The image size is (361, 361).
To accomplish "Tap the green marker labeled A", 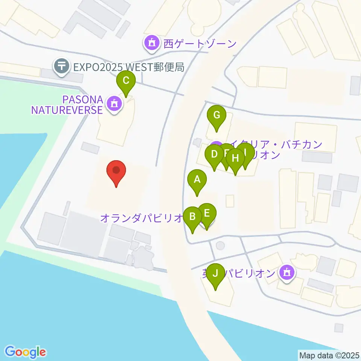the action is [x=197, y=180].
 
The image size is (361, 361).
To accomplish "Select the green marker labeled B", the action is [x=193, y=217].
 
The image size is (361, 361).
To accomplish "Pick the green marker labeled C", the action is [x=126, y=80].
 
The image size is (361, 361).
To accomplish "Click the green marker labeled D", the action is [x=214, y=154].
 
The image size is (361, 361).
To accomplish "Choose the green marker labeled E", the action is [x=207, y=213].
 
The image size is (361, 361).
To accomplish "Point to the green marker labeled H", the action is [x=235, y=158].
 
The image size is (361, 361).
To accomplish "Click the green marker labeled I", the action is [x=245, y=153].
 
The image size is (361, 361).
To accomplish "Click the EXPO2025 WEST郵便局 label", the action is [x=128, y=67].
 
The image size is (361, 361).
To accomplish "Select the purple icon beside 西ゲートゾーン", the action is [x=152, y=44].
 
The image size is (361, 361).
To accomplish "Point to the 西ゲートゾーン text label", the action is [x=200, y=44].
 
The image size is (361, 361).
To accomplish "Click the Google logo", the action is [x=26, y=352].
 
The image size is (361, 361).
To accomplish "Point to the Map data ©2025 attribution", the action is [x=329, y=355].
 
